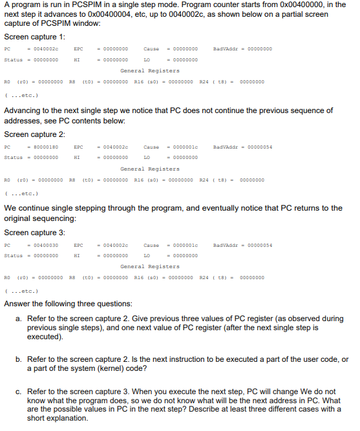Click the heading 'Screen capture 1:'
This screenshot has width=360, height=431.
click(34, 36)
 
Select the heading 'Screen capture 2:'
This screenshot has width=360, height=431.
click(34, 134)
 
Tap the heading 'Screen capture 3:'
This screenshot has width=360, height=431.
click(34, 232)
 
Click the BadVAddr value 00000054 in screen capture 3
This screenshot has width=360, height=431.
click(259, 244)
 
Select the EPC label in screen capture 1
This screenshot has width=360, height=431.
click(78, 48)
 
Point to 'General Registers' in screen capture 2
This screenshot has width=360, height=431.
click(150, 169)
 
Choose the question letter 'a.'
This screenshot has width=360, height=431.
click(20, 319)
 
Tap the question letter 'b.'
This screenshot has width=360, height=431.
click(20, 359)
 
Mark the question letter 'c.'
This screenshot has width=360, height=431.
click(20, 390)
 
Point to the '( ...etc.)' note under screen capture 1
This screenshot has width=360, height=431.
click(19, 94)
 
